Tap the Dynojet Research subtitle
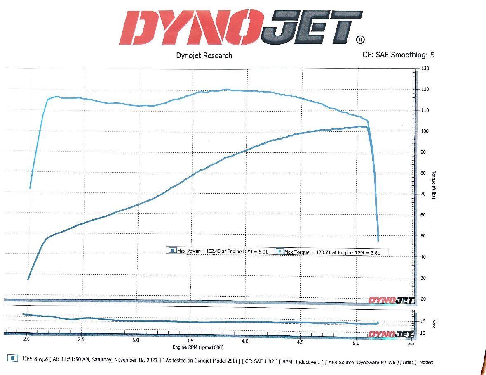click(x=204, y=55)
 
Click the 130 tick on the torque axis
click(x=425, y=69)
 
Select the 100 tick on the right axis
click(x=425, y=131)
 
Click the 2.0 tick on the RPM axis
click(x=27, y=339)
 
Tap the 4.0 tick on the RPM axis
click(x=245, y=342)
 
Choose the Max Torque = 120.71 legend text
click(x=334, y=252)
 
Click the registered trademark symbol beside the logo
click(x=360, y=40)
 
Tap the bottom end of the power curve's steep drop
click(x=378, y=240)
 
